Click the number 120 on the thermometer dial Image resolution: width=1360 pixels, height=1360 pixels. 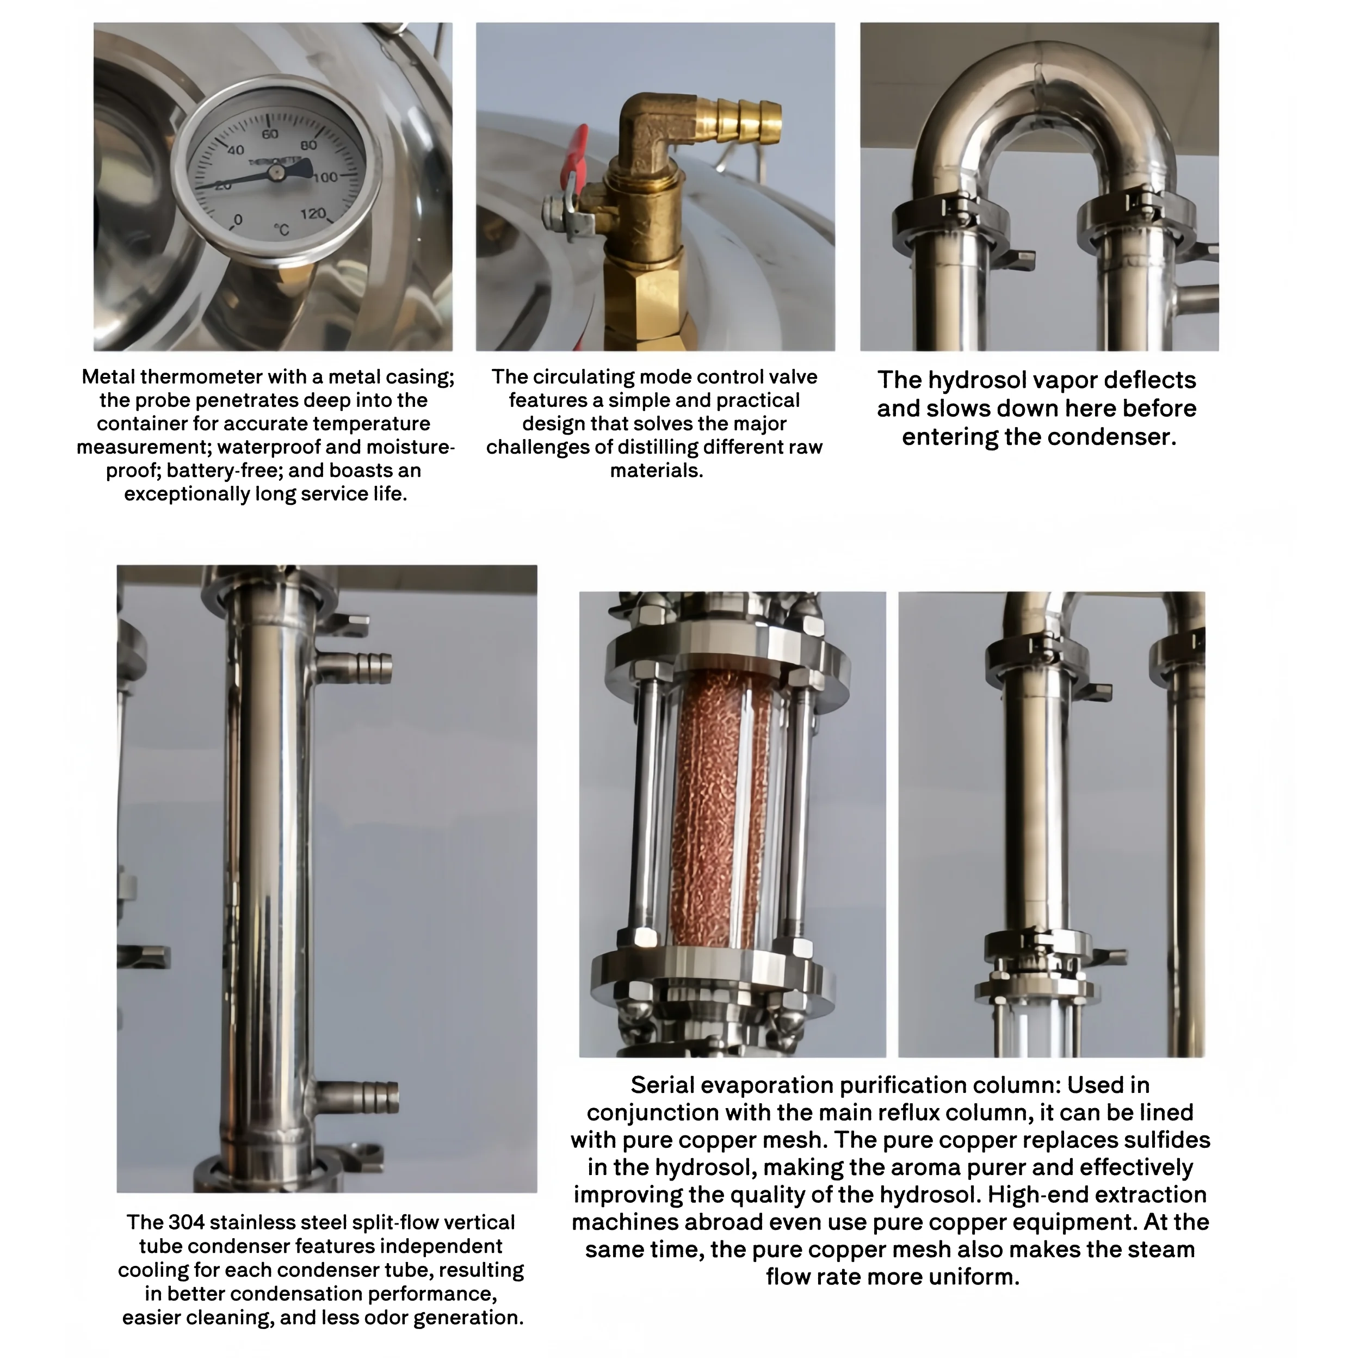(x=313, y=213)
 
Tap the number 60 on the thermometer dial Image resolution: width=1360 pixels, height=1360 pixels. (x=270, y=134)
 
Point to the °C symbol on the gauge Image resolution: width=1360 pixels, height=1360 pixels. (x=282, y=230)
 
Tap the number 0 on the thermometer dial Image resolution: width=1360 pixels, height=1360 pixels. (x=238, y=220)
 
